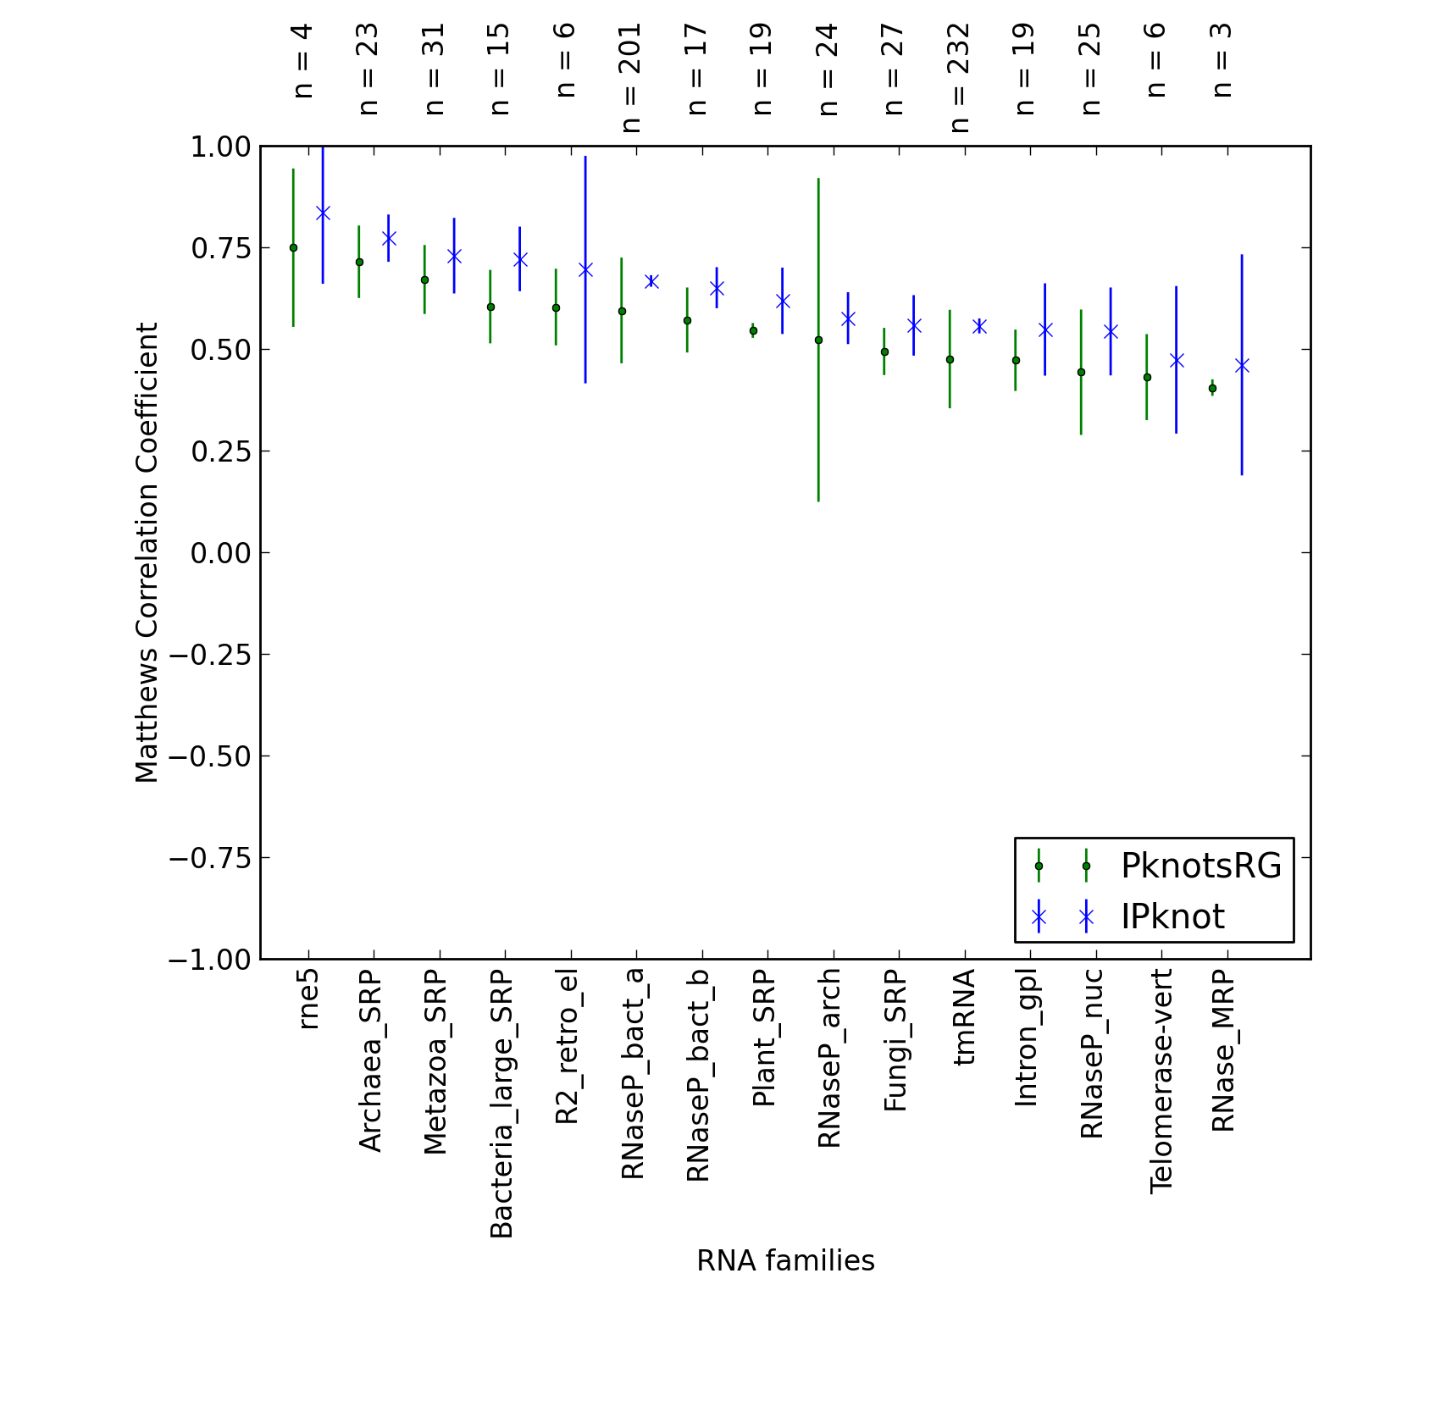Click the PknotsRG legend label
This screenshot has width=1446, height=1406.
coord(1200,866)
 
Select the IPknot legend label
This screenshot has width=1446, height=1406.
coord(1172,916)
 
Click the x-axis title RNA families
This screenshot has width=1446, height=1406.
coord(785,1261)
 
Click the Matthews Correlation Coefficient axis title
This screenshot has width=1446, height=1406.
coord(147,552)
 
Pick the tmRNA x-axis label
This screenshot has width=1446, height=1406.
coord(964,1017)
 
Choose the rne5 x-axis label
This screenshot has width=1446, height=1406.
coord(307,999)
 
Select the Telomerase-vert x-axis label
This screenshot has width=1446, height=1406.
coord(1161,1082)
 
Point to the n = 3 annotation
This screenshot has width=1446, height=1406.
coord(1222,60)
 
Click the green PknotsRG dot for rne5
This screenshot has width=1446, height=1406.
coord(293,247)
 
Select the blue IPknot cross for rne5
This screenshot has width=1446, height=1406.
coord(323,213)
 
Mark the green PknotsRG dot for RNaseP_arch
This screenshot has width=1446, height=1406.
coord(818,340)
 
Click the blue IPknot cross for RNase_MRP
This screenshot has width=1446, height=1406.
coord(1242,365)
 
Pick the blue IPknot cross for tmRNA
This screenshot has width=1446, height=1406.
coord(979,326)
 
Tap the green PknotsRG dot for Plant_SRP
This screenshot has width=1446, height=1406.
coord(753,330)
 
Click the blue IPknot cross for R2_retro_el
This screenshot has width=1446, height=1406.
coord(585,269)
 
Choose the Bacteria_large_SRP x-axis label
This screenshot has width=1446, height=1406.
coord(501,1104)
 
